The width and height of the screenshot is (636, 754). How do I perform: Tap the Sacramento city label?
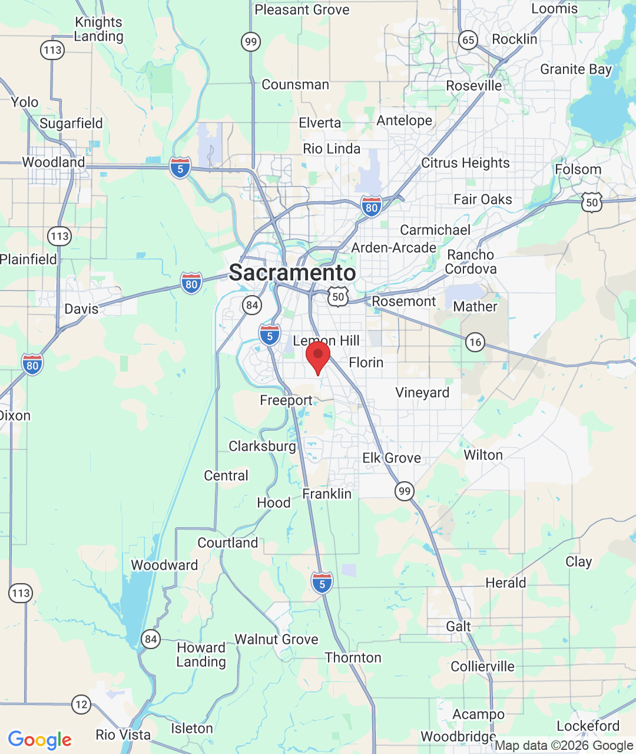pyautogui.click(x=292, y=273)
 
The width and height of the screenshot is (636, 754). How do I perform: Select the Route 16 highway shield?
pyautogui.click(x=475, y=342)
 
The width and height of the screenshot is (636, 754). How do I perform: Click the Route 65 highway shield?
pyautogui.click(x=468, y=40)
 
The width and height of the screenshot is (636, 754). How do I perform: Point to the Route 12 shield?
pyautogui.click(x=81, y=704)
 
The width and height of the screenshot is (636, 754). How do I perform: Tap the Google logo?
pyautogui.click(x=39, y=740)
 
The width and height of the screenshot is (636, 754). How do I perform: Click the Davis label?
pyautogui.click(x=81, y=309)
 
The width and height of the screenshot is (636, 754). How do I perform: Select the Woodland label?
pyautogui.click(x=54, y=162)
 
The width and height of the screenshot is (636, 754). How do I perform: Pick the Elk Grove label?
pyautogui.click(x=392, y=458)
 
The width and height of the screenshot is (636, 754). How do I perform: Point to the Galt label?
pyautogui.click(x=458, y=626)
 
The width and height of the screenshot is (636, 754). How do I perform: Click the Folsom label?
pyautogui.click(x=578, y=170)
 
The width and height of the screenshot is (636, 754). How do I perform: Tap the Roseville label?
pyautogui.click(x=474, y=86)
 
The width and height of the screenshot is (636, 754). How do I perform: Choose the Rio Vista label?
pyautogui.click(x=123, y=735)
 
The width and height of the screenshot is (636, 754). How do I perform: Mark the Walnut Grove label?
pyautogui.click(x=276, y=639)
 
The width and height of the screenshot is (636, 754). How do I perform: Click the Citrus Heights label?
pyautogui.click(x=465, y=163)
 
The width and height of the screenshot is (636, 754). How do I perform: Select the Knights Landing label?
pyautogui.click(x=99, y=29)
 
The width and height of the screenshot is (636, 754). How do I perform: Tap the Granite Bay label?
pyautogui.click(x=576, y=70)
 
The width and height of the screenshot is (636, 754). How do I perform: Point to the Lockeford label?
pyautogui.click(x=588, y=726)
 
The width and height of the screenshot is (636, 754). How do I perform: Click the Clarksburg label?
pyautogui.click(x=262, y=446)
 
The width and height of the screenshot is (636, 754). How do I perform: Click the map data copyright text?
pyautogui.click(x=564, y=745)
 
